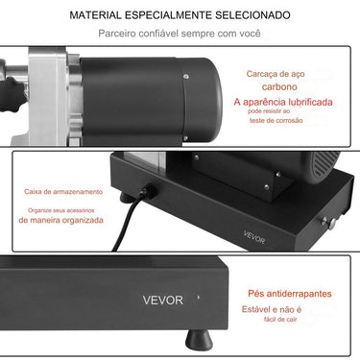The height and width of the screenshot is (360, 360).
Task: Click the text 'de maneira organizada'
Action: pos(60,219)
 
